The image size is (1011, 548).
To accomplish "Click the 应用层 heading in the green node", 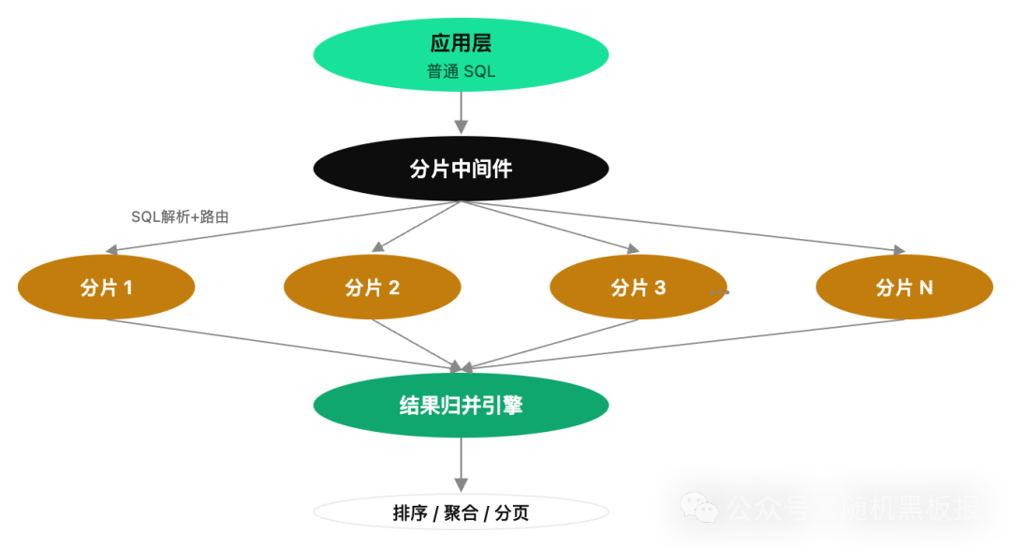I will [x=461, y=43].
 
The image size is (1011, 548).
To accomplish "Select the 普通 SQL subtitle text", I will [x=461, y=71].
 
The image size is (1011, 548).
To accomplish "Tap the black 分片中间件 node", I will [x=461, y=169].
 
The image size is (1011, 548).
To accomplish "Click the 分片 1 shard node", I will [x=106, y=288].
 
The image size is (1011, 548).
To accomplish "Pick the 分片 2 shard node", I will [x=372, y=288].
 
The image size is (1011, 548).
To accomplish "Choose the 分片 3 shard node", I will [x=637, y=288].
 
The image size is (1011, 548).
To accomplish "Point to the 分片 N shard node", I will [x=903, y=288].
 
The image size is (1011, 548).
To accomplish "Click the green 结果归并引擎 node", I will [x=461, y=406].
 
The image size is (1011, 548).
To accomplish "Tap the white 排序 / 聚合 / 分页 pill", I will [x=461, y=512].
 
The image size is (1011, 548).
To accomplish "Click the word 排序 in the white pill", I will [x=410, y=513].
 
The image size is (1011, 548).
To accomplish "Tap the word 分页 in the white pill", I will [x=511, y=513].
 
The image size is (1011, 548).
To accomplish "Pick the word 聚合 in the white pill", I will [x=461, y=513].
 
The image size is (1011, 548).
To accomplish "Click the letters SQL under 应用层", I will [x=478, y=71].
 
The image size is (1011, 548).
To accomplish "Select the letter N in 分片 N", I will [x=926, y=288].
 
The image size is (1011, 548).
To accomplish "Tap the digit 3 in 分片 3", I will [x=660, y=288].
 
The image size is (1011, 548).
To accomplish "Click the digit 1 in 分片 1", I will [x=127, y=288].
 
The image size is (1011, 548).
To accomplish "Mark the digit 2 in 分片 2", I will [x=394, y=288].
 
